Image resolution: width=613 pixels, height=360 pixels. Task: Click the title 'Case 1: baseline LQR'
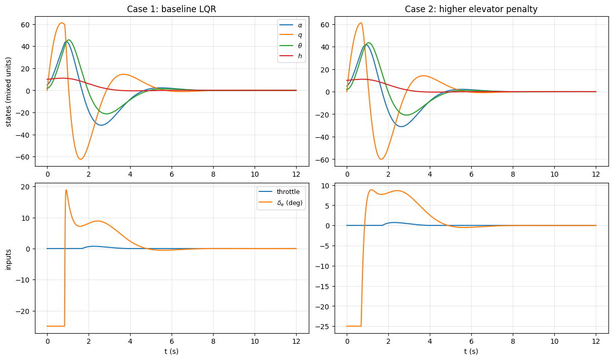click(172, 10)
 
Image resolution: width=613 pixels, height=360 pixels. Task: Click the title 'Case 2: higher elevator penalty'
click(471, 10)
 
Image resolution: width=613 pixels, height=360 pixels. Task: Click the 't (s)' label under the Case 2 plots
click(471, 351)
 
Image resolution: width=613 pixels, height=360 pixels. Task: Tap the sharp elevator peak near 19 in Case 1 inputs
click(66, 190)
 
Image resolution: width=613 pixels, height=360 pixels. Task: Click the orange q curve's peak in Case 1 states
click(62, 23)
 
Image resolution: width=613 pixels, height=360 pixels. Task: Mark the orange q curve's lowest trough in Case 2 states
click(382, 159)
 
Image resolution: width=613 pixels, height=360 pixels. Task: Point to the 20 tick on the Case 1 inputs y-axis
click(27, 187)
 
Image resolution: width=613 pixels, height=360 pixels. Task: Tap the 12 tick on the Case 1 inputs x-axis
click(296, 339)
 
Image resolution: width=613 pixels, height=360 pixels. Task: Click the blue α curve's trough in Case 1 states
click(101, 125)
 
